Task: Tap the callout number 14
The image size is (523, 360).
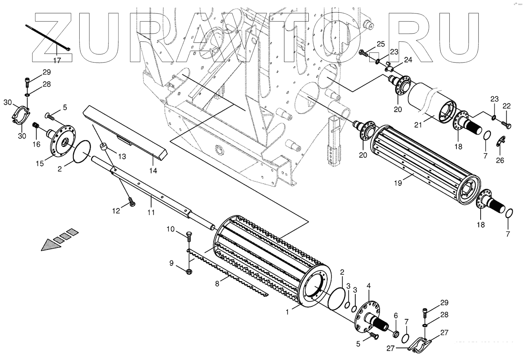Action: (153, 170)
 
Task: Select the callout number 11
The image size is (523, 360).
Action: (151, 212)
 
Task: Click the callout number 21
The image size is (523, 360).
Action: (418, 125)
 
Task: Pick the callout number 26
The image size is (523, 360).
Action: (500, 160)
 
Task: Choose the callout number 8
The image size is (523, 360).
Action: (217, 283)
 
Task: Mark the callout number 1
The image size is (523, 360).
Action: (287, 312)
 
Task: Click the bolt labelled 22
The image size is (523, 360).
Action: (507, 125)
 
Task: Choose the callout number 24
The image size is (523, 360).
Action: (408, 60)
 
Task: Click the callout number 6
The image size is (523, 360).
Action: (396, 315)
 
